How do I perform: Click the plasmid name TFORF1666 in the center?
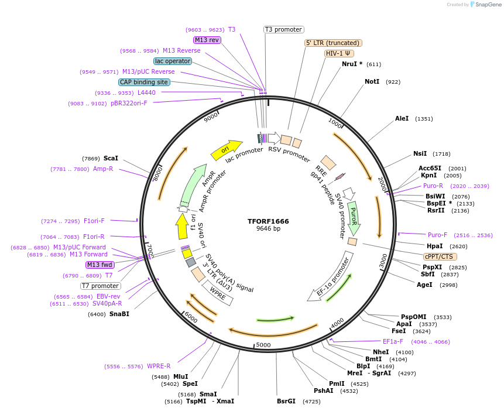tap(268, 221)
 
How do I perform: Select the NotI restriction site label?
tap(372, 81)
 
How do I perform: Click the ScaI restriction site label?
tap(111, 158)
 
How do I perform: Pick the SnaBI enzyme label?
tap(119, 314)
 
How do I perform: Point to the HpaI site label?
tap(434, 246)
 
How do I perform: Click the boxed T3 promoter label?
tap(283, 29)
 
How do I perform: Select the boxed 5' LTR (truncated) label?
tap(334, 43)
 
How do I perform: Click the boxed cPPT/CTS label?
tap(440, 256)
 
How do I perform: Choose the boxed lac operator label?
tap(173, 61)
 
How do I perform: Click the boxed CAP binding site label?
tap(144, 82)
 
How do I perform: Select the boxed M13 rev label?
tap(207, 40)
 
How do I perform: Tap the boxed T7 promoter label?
tap(100, 286)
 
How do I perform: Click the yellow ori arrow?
tap(226, 149)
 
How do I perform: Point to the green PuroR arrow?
tap(354, 218)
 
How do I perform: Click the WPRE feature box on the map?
tap(217, 293)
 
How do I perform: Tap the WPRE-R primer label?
tap(159, 366)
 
